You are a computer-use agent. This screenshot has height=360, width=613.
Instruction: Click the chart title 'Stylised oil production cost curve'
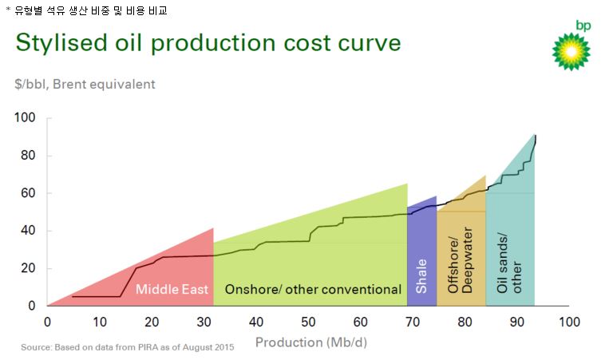tap(208, 42)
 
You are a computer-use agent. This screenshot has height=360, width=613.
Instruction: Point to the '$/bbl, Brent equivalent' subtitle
tap(85, 84)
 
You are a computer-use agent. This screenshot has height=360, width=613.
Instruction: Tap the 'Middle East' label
tap(172, 289)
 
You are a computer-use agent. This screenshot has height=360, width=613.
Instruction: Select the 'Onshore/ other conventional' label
tap(312, 289)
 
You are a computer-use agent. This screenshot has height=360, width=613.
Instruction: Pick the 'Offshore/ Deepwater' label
tap(461, 263)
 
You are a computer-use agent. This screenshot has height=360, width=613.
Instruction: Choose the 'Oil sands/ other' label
tap(508, 263)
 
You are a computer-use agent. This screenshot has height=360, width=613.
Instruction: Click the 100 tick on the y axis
tap(26, 118)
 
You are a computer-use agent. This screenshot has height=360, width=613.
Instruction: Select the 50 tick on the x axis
tap(308, 322)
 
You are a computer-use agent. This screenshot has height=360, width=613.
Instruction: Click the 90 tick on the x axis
tap(517, 322)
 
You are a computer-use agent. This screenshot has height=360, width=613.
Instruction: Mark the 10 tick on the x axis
tap(99, 322)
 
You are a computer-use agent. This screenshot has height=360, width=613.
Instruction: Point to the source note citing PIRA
tap(128, 348)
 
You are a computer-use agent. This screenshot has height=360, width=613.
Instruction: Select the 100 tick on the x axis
tap(568, 322)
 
